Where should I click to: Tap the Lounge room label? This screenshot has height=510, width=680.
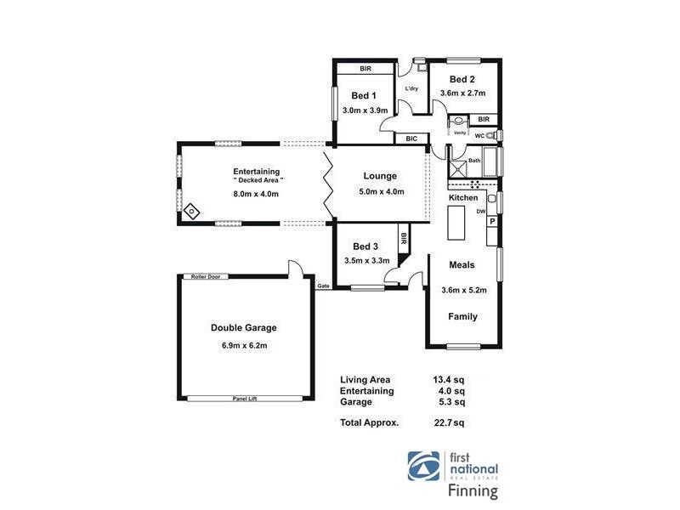(380, 176)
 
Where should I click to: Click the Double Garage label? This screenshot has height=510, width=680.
(244, 327)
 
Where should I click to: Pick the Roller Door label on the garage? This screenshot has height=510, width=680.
(206, 276)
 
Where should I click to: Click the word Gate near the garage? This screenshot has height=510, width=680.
(323, 286)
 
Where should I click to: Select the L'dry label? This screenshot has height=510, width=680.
(411, 88)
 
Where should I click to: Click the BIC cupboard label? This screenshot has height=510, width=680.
(411, 138)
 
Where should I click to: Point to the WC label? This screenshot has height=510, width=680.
(479, 135)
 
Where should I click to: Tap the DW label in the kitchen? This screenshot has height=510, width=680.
(480, 211)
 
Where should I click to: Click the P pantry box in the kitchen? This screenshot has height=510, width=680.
(491, 221)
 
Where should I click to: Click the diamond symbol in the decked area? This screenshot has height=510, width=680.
(192, 210)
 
